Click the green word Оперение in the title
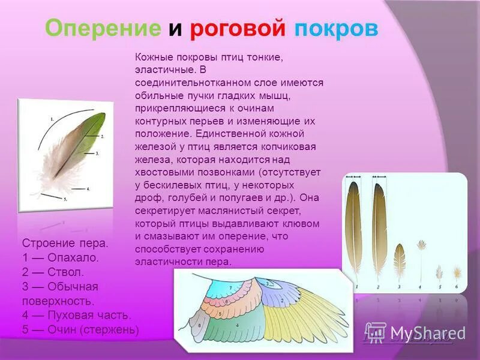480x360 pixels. pyautogui.click(x=103, y=29)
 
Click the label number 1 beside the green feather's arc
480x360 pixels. pyautogui.click(x=52, y=119)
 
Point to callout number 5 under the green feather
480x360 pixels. pyautogui.click(x=65, y=199)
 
